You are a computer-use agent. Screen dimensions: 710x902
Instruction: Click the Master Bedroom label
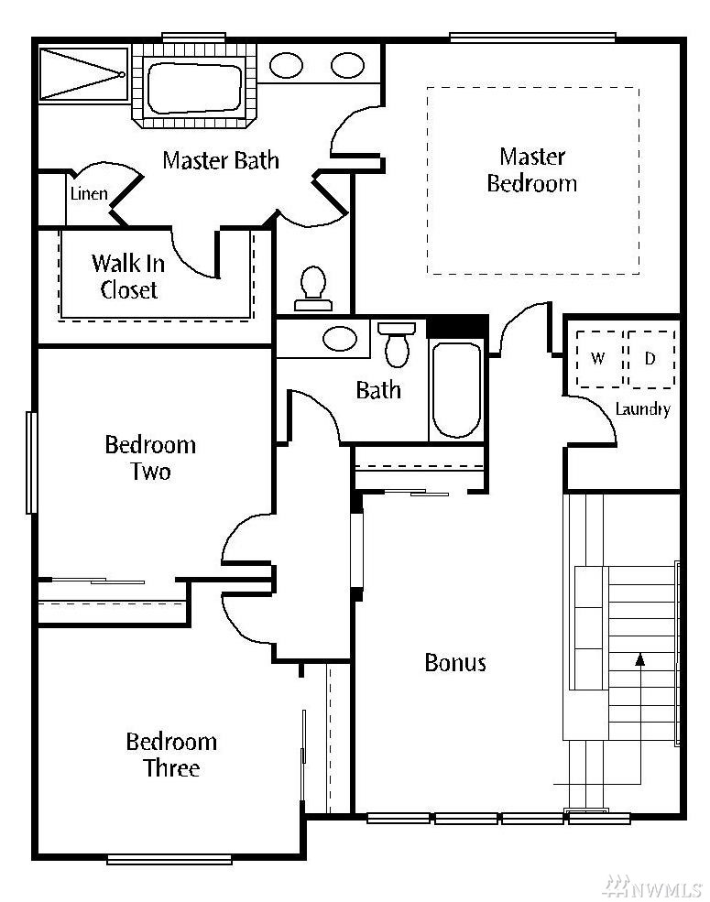coord(532,169)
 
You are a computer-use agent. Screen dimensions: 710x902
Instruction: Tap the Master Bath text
coord(221,160)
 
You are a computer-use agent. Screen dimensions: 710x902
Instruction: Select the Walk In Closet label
coord(128,277)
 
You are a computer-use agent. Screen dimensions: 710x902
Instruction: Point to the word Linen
coord(89,193)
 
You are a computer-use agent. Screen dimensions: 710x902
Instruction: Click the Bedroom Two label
coord(151,458)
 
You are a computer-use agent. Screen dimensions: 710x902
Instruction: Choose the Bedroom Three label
coord(171,755)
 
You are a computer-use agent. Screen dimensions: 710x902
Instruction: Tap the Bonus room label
coord(455,663)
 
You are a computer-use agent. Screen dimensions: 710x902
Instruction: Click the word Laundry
coord(643,409)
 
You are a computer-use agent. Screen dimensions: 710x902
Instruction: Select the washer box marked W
coord(599,359)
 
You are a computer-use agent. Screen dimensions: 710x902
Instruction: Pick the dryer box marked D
coord(651,359)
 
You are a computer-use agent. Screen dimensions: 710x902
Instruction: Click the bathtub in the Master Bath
coord(194,88)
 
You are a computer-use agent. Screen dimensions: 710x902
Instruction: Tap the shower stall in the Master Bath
coord(84,75)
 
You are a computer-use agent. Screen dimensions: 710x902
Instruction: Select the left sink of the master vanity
coord(286,66)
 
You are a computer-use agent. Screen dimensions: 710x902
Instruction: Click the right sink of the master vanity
coord(347,66)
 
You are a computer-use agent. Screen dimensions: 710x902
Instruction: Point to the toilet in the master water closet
coord(313,288)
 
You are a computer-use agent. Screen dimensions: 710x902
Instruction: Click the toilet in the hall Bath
coord(397,344)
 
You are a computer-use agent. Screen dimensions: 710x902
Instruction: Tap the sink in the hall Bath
coord(340,339)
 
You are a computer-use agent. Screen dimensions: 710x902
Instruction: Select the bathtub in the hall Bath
coord(456,390)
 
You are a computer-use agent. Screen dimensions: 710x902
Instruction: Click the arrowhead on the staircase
coord(639,659)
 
